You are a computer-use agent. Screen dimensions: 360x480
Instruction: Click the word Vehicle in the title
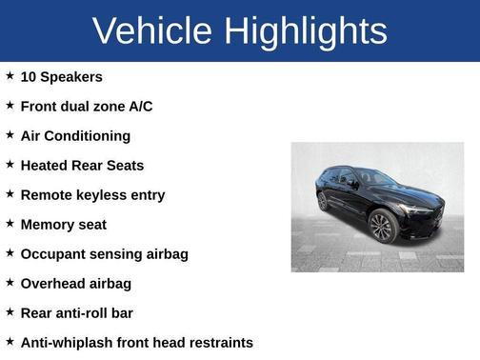[153, 31]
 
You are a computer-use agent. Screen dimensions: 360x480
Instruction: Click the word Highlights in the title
[307, 31]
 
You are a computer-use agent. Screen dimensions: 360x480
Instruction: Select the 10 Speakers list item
[61, 76]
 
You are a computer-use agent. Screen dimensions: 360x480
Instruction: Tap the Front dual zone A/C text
[86, 106]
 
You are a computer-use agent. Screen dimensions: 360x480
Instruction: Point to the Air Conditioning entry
[75, 135]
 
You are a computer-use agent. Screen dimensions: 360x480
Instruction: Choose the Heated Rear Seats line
[82, 165]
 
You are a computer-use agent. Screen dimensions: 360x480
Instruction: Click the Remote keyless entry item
[92, 194]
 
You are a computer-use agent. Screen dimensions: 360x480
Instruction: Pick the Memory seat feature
[63, 224]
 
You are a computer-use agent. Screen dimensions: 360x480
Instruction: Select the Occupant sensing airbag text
[104, 253]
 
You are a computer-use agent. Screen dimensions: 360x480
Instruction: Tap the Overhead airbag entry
[75, 283]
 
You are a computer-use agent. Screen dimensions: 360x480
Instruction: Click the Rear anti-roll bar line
[76, 312]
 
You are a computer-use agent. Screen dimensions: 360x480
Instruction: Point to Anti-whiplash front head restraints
[136, 342]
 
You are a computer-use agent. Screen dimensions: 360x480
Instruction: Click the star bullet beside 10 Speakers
[10, 75]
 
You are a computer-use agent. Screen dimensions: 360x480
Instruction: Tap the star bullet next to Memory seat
[10, 223]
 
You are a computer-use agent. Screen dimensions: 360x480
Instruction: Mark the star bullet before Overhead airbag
[10, 282]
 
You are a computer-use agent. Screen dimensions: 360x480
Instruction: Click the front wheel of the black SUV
[383, 227]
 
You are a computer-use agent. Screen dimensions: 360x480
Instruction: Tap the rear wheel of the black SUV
[324, 201]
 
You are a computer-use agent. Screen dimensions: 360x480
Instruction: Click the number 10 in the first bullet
[29, 76]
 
